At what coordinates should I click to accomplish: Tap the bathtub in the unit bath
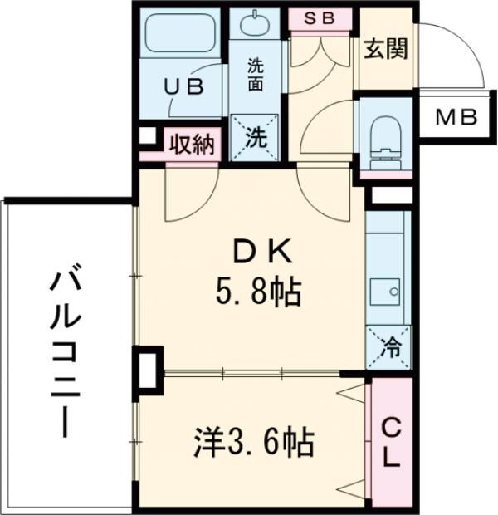click(x=181, y=38)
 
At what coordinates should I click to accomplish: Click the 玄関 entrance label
click(x=383, y=50)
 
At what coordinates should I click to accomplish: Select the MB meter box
click(x=457, y=117)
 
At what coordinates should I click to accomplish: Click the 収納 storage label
click(x=193, y=145)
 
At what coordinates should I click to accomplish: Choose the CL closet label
click(x=389, y=440)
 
